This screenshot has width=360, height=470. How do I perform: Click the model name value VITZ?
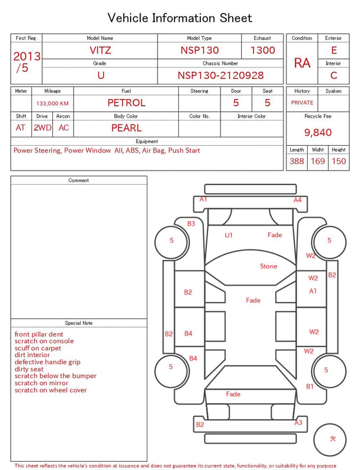(100, 50)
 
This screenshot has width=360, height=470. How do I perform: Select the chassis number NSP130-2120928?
(220, 75)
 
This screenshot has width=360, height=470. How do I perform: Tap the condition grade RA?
(302, 63)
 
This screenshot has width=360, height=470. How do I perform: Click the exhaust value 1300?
(263, 50)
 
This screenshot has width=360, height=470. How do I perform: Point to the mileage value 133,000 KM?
(52, 104)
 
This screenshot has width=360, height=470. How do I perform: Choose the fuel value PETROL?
(127, 103)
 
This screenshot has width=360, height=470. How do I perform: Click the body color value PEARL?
(127, 128)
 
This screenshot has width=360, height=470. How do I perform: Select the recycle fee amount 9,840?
(318, 132)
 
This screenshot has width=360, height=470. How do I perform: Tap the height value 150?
(339, 161)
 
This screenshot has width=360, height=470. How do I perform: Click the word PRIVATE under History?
(302, 102)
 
